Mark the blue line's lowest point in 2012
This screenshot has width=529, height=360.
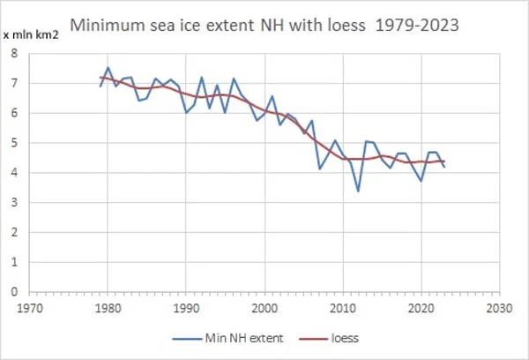[x=358, y=191]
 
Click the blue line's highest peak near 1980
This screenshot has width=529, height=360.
[x=108, y=68]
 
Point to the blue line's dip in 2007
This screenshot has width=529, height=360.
[x=319, y=168]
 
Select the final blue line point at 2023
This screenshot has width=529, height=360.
[x=444, y=167]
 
